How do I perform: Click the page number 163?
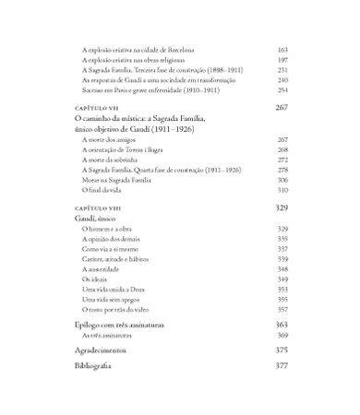282,49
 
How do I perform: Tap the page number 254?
282,90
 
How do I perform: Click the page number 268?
282,148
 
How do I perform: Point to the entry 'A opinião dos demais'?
109,239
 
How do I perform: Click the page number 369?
282,337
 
